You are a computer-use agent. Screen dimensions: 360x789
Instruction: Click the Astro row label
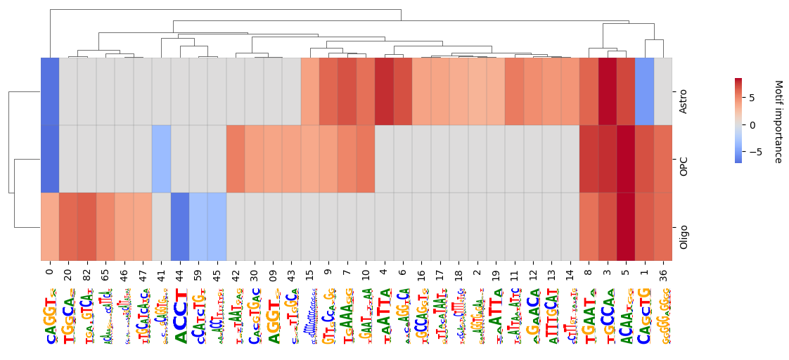click(x=683, y=92)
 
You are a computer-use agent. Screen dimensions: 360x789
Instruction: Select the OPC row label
click(x=683, y=160)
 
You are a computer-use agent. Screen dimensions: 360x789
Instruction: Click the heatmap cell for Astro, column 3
click(x=608, y=92)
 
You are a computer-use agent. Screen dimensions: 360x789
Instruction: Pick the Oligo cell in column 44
click(x=180, y=227)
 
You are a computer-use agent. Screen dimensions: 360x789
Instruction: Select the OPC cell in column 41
click(x=161, y=160)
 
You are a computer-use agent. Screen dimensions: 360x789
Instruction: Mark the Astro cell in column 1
click(x=645, y=92)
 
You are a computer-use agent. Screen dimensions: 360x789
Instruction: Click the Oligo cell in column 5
click(x=626, y=227)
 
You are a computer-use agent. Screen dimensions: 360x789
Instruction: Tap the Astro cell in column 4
click(x=384, y=92)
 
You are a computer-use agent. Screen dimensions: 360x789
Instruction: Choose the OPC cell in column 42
click(x=236, y=160)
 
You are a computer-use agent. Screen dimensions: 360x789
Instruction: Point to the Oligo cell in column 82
click(x=86, y=227)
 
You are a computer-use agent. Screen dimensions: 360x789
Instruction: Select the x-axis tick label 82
click(x=86, y=272)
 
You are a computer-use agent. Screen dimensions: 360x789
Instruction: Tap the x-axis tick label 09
click(x=273, y=272)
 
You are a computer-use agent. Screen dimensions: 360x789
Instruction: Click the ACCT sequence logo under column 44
click(x=180, y=316)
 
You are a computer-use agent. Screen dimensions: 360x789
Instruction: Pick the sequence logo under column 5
click(x=626, y=316)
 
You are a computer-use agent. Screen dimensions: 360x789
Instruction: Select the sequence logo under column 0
click(x=49, y=316)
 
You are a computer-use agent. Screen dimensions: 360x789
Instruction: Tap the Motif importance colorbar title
click(x=778, y=121)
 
